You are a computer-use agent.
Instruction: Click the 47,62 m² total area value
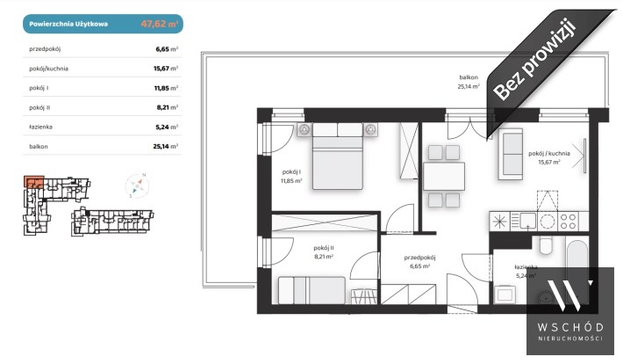point(160,24)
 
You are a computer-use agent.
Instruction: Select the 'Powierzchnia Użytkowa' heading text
point(68,24)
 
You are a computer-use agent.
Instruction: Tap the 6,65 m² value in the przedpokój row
point(167,49)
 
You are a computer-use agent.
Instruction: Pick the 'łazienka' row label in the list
point(40,127)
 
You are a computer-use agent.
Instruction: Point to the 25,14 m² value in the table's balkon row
point(165,147)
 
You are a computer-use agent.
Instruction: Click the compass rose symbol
point(138,186)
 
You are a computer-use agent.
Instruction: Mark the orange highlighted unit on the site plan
point(33,181)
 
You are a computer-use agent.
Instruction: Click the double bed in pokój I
point(338,156)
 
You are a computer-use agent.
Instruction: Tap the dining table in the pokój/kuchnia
point(444,176)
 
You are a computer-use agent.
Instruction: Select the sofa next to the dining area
point(511,154)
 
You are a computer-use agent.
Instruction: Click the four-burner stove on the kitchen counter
point(568,222)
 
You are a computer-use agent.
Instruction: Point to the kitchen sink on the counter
point(528,221)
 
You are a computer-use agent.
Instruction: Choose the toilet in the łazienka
point(546,245)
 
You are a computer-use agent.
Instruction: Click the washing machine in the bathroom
point(505,295)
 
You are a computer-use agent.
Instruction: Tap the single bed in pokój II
point(311,290)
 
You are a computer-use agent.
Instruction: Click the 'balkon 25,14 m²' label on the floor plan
point(469,82)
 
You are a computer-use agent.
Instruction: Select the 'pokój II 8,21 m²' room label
point(324,252)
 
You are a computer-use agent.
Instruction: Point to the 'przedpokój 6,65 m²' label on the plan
point(420,262)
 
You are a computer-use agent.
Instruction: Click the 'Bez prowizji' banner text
point(534,60)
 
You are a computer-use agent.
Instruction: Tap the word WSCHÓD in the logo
point(570,327)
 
